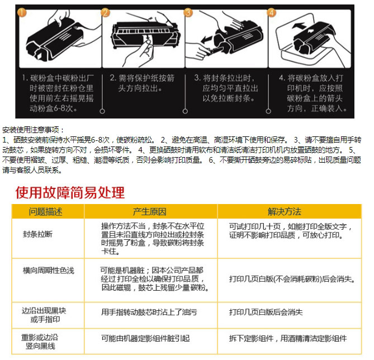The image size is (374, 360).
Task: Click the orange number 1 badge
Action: click(x=22, y=12)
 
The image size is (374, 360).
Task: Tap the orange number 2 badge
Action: click(x=106, y=12)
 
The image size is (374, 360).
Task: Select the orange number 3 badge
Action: click(x=188, y=12)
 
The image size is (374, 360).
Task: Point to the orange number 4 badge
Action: click(x=271, y=12)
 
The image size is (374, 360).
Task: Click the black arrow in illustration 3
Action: click(x=206, y=39)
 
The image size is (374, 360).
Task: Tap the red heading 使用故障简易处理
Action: click(x=70, y=192)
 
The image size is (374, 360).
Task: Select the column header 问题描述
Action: click(x=45, y=212)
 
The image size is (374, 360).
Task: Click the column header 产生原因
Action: click(x=150, y=212)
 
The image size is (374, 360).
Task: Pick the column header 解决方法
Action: click(x=285, y=212)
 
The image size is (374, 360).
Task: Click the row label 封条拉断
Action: click(x=37, y=234)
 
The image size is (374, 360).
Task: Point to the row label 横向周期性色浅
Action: click(x=49, y=271)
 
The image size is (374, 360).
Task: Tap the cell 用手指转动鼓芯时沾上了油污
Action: click(x=149, y=312)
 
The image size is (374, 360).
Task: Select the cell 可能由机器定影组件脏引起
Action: click(x=145, y=338)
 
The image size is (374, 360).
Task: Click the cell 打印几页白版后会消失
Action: click(x=266, y=312)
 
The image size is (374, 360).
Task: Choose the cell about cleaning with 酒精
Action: click(x=288, y=338)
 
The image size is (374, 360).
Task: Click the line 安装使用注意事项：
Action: click(x=33, y=130)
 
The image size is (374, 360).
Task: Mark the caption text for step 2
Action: click(x=142, y=83)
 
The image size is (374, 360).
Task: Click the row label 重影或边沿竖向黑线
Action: click(x=40, y=342)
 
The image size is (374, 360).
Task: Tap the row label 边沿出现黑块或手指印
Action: click(x=44, y=315)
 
